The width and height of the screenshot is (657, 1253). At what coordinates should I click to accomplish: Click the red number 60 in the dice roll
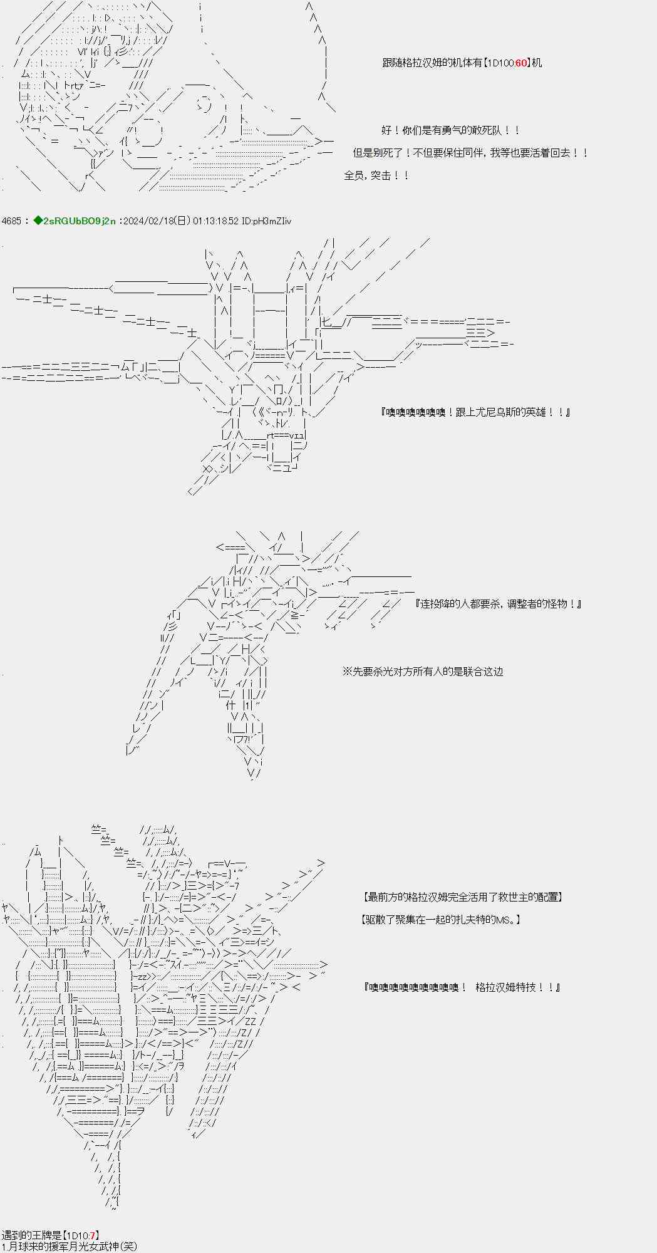(520, 63)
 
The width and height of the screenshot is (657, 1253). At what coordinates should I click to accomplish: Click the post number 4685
(12, 221)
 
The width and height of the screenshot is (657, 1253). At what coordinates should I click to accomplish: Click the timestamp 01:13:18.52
(215, 221)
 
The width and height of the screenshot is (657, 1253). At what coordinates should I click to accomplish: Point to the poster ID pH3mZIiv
(271, 221)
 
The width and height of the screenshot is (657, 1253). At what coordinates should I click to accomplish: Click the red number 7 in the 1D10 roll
(92, 1235)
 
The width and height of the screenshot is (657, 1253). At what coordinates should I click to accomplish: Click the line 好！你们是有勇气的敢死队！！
(450, 130)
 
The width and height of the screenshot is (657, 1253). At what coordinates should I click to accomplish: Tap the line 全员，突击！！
(376, 175)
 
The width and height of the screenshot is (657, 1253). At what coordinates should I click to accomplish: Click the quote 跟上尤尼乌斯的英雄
(475, 412)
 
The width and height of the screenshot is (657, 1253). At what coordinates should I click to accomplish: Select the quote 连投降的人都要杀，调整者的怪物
(499, 604)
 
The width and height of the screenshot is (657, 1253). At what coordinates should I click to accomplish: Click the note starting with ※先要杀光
(423, 672)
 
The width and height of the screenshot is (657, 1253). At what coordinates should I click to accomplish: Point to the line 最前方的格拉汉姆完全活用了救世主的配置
(462, 897)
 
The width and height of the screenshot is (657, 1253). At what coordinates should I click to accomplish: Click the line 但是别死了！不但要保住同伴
(470, 153)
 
